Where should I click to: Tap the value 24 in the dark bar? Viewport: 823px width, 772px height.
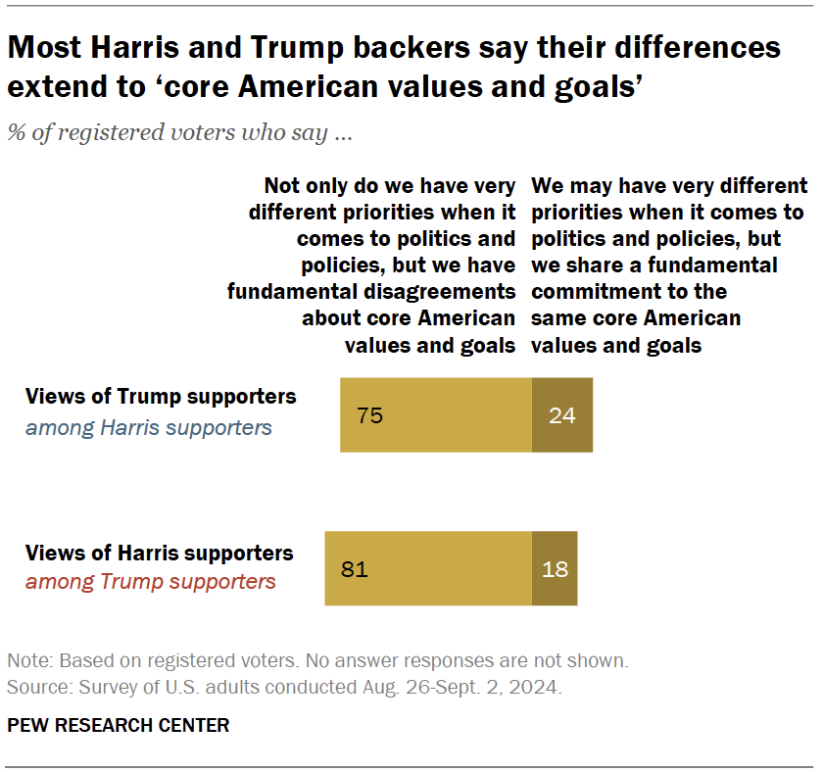click(561, 414)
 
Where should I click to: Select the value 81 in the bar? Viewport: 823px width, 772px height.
click(355, 568)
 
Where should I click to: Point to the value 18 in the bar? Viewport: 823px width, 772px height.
click(555, 568)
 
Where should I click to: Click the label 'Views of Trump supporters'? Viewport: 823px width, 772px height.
click(161, 397)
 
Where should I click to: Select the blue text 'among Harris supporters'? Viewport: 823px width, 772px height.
click(149, 427)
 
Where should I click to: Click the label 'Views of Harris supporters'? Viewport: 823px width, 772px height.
click(160, 553)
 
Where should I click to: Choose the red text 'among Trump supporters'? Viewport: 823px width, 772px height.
click(151, 582)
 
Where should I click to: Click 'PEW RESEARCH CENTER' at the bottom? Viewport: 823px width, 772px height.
click(119, 725)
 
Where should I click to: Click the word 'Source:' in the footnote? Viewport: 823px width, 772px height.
click(36, 687)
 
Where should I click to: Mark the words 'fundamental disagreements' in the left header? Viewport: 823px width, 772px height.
click(371, 292)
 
